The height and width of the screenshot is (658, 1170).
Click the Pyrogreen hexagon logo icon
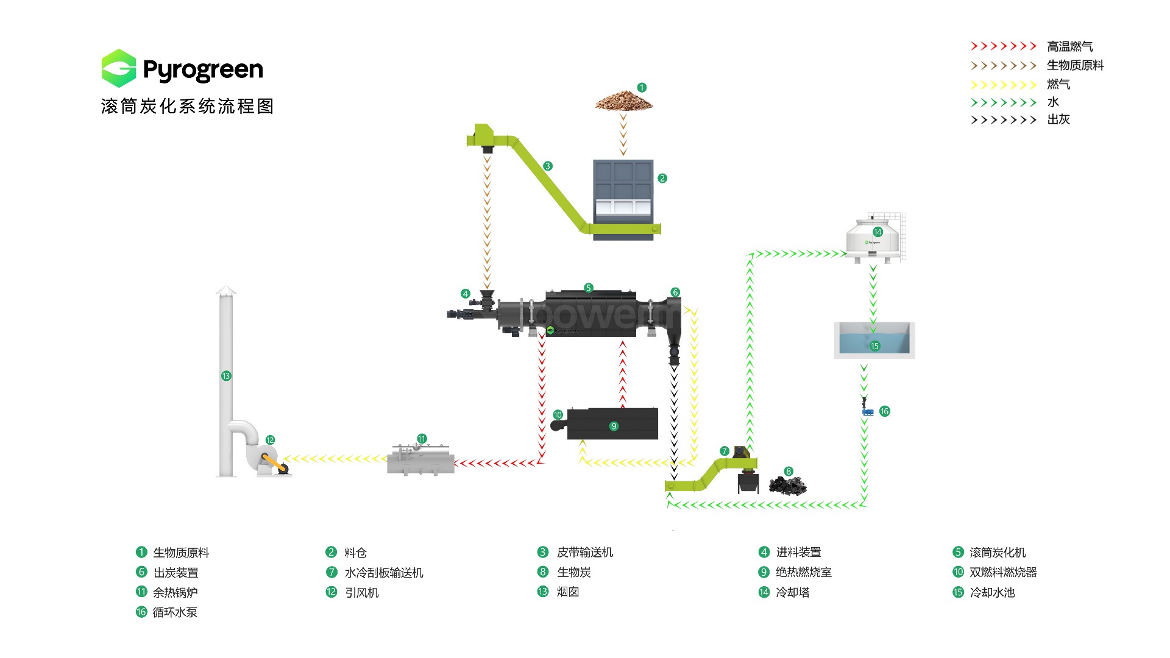[119, 68]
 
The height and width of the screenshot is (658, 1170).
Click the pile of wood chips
[623, 101]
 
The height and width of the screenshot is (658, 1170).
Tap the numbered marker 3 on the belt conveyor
[548, 166]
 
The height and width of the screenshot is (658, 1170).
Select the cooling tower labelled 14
[875, 239]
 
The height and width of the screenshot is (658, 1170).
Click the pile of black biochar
[787, 486]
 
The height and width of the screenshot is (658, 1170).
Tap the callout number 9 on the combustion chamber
[614, 426]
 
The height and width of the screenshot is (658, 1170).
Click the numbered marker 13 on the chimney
[226, 376]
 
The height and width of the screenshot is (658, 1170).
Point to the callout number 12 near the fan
[270, 440]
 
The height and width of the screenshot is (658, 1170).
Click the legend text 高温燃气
[1069, 46]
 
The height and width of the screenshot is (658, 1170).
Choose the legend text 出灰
[1058, 119]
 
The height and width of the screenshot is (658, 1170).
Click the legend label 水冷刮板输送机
[384, 573]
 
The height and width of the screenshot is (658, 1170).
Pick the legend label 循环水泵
[175, 612]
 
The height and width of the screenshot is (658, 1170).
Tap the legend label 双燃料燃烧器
[1003, 572]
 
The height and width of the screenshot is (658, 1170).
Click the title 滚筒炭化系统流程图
[188, 107]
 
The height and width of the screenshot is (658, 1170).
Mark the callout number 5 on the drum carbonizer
[588, 288]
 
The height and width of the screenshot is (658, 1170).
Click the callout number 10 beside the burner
[558, 415]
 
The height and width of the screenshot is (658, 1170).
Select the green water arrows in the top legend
[1003, 102]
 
